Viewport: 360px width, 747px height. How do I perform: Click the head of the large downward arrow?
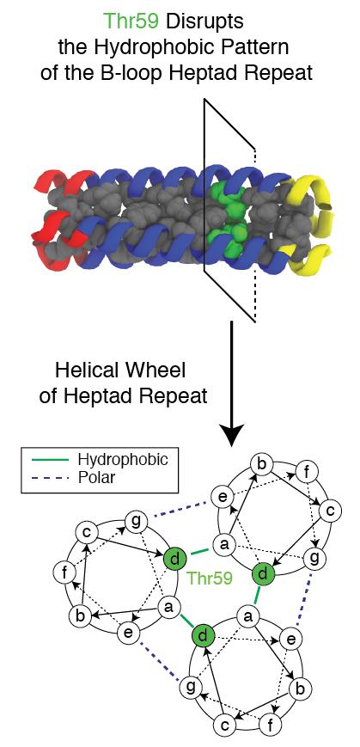[x=231, y=432]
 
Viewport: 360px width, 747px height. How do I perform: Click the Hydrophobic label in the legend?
[x=123, y=459]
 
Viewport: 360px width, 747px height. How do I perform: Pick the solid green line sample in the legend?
[x=50, y=460]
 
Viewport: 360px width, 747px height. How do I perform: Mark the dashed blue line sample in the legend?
[x=50, y=477]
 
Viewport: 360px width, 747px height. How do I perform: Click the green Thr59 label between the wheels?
[x=210, y=578]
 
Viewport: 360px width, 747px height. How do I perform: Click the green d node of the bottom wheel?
[x=201, y=635]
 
